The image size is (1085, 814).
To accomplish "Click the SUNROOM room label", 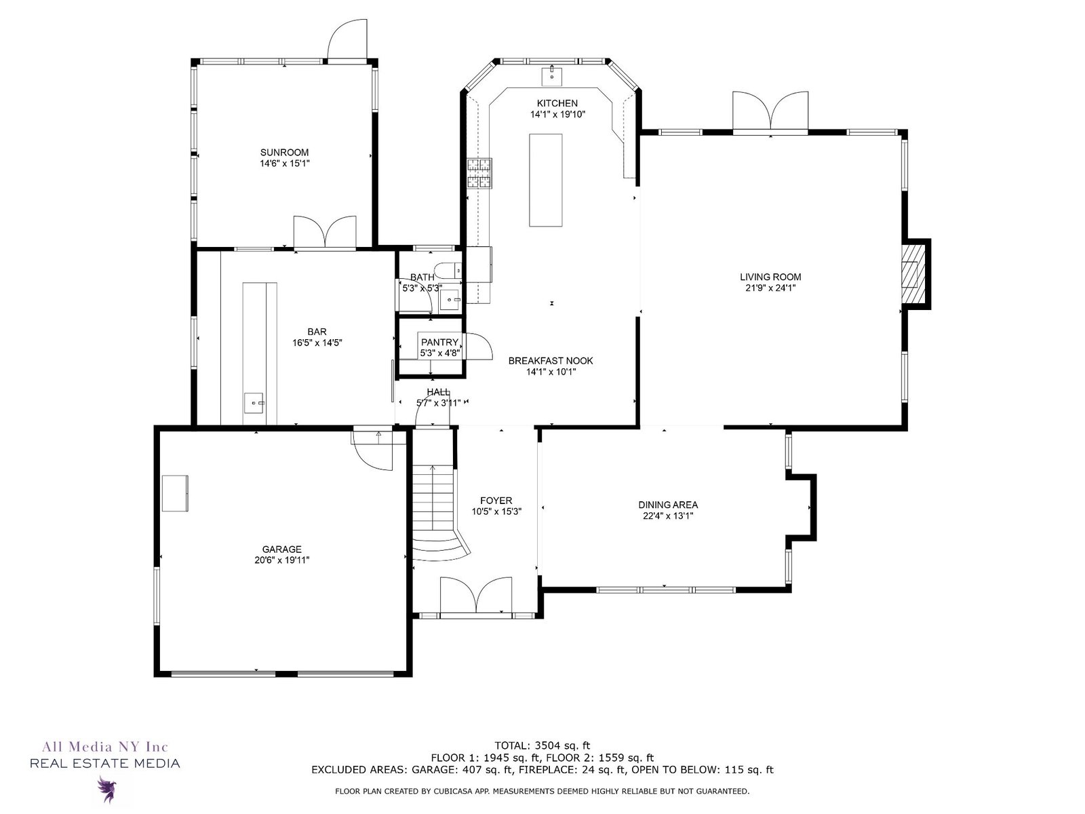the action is click(x=284, y=153).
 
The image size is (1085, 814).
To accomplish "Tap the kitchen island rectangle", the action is click(x=546, y=180).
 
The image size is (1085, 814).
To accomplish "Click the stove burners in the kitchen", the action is click(x=480, y=173).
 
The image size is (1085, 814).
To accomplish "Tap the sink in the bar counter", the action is click(x=254, y=404).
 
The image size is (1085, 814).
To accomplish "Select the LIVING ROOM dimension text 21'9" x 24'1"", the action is click(x=770, y=288).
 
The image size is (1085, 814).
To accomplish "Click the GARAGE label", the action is click(x=281, y=549).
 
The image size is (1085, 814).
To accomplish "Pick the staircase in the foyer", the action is click(x=438, y=514).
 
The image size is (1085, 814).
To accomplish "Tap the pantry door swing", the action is click(x=479, y=346).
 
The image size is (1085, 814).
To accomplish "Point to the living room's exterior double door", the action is click(x=770, y=112).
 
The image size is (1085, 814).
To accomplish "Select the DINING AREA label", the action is click(x=668, y=505).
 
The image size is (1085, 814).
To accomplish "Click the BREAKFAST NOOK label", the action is click(x=551, y=361).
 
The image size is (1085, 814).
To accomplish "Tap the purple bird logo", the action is click(x=106, y=790).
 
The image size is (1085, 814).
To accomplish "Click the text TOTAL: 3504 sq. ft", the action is click(x=542, y=745).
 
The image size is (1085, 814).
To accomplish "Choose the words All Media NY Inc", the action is click(x=105, y=746).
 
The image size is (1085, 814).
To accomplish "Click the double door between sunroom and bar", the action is click(x=325, y=232).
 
